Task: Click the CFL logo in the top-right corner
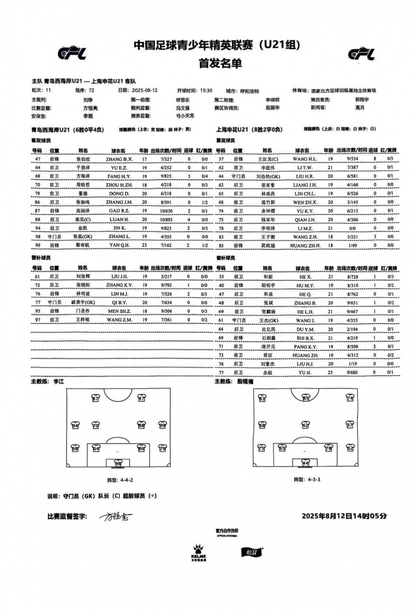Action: point(361,54)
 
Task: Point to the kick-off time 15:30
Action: point(206,89)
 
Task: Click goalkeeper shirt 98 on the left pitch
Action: point(118,463)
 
